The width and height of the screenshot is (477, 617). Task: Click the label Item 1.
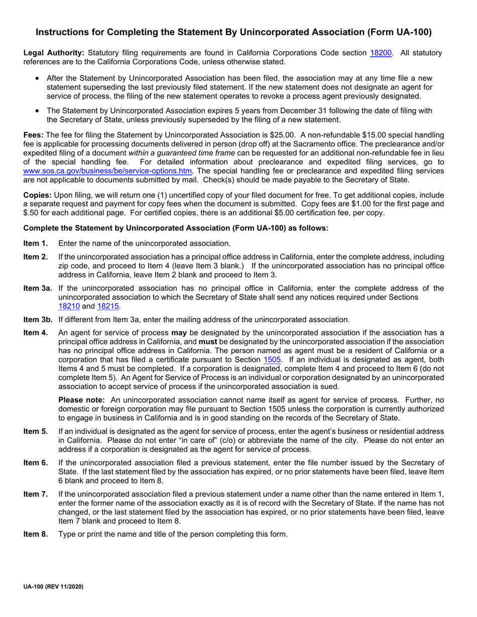click(36, 243)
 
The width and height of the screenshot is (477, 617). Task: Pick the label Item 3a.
click(38, 288)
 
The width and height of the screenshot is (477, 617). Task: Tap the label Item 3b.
click(38, 319)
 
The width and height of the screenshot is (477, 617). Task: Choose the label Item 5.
click(36, 431)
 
